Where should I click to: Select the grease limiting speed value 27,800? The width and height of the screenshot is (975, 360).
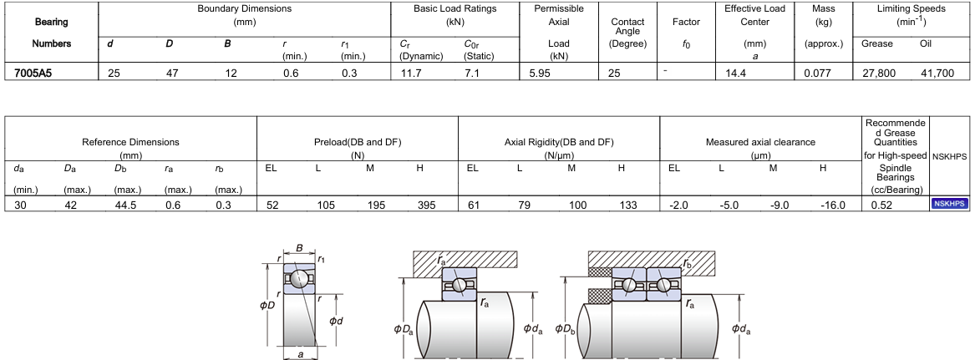(879, 73)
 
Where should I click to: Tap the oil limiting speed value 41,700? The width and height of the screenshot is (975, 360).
(937, 73)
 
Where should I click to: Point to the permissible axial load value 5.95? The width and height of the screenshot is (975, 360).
(541, 73)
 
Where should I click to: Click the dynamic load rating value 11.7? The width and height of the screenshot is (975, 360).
(410, 73)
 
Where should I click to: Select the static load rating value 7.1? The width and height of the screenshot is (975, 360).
(471, 73)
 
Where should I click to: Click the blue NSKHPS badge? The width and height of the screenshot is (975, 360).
(950, 203)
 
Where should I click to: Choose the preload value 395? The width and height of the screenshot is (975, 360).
(427, 204)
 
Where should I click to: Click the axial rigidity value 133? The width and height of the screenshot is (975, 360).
(628, 204)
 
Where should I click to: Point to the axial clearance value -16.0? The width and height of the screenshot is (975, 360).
(833, 204)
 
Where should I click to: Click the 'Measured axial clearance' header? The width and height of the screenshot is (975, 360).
(760, 142)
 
